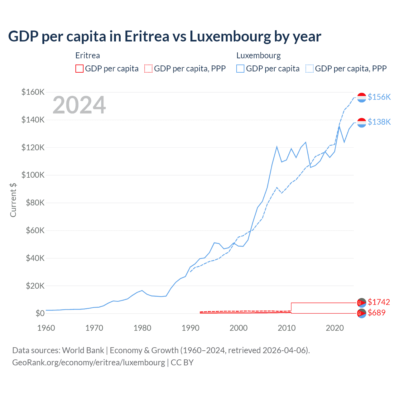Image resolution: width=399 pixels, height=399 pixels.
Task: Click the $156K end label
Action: (x=379, y=97)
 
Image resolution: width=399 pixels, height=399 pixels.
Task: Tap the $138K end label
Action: (x=379, y=122)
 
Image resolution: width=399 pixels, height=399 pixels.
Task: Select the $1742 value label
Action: (x=379, y=302)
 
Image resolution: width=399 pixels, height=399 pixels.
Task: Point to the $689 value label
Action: (x=377, y=313)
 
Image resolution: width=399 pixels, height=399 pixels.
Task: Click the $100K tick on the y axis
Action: (x=33, y=175)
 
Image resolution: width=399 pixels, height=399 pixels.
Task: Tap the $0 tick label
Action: (x=40, y=313)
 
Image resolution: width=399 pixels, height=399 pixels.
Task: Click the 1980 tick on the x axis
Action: (x=142, y=328)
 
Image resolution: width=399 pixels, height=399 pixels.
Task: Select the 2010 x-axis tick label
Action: (x=286, y=328)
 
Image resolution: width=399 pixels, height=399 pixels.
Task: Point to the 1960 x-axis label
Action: (x=46, y=328)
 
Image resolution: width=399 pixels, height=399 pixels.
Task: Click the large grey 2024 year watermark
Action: (x=79, y=105)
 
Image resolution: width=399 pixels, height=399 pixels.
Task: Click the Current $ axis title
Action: (x=13, y=200)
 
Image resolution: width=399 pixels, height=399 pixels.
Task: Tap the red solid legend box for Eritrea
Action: (x=79, y=69)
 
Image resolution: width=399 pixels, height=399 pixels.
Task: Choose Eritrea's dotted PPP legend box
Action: (x=148, y=69)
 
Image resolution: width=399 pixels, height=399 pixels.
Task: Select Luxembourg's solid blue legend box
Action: (x=240, y=69)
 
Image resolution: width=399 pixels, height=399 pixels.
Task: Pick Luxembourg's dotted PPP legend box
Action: (x=310, y=69)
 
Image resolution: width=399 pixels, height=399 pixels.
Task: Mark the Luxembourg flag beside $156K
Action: (x=362, y=97)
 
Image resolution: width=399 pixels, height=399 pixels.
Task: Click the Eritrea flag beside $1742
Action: (x=362, y=302)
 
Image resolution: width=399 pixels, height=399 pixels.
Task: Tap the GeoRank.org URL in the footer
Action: (x=89, y=363)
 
